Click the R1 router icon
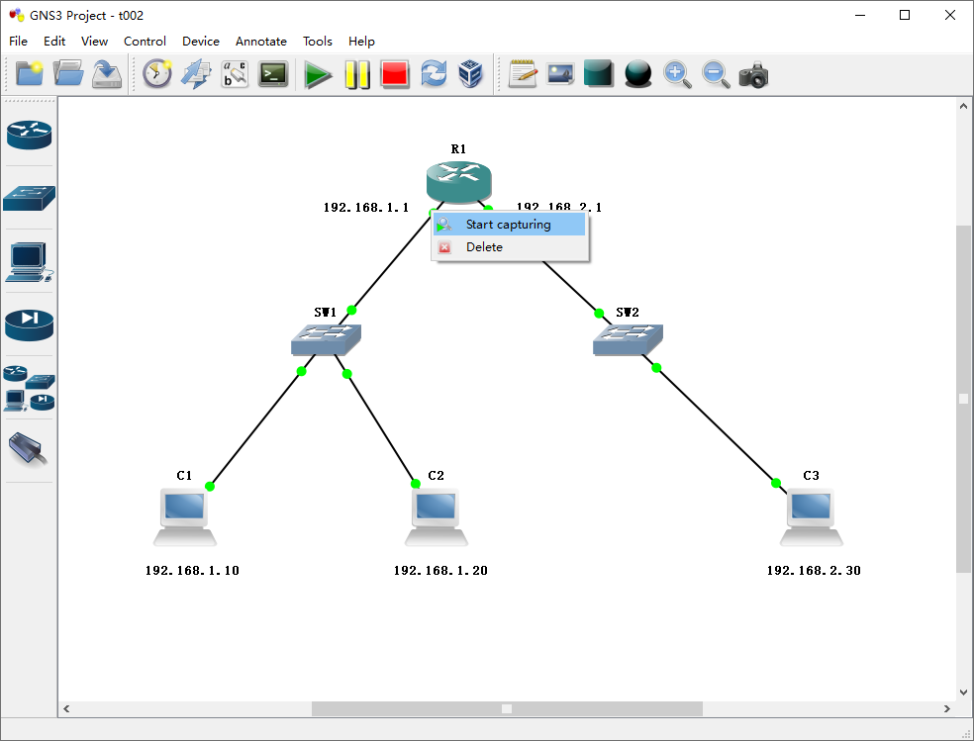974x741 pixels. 458,181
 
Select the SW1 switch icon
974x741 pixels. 326,341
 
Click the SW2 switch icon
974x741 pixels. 628,341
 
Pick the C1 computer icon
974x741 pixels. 185,516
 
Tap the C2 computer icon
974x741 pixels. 436,516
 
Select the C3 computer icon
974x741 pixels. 812,516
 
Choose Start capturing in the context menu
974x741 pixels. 509,225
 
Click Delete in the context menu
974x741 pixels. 484,247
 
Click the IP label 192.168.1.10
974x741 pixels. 192,571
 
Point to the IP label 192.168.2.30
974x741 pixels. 814,571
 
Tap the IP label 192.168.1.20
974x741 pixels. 440,571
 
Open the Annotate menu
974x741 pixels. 261,42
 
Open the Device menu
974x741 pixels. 201,42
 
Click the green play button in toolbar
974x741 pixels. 318,75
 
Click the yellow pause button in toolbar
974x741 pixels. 356,75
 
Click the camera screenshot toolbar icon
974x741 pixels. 753,75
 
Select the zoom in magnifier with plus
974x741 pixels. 677,75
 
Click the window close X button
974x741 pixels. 950,15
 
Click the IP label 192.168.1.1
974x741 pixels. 365,208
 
